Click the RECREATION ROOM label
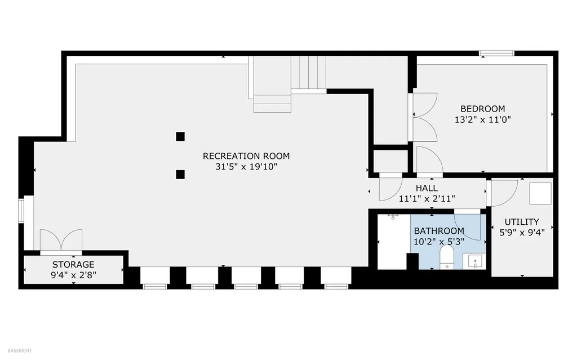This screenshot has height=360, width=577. (x=246, y=156)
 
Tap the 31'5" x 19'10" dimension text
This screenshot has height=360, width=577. (x=246, y=167)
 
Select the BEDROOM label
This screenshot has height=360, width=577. (x=483, y=109)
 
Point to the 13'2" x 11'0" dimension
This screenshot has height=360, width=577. (x=483, y=119)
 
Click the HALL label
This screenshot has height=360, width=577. (x=427, y=188)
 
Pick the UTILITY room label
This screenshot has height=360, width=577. (x=522, y=222)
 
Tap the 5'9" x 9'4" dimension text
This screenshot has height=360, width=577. (x=522, y=233)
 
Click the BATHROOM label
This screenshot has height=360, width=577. (x=439, y=231)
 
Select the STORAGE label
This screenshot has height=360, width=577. (x=73, y=265)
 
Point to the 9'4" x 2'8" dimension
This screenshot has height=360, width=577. (x=73, y=275)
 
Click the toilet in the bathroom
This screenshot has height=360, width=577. (x=447, y=257)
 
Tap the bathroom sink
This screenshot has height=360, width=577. (x=475, y=261)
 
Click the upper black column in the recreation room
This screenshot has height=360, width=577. (x=180, y=136)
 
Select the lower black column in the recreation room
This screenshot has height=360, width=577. (x=180, y=175)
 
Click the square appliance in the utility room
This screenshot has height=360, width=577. (x=540, y=193)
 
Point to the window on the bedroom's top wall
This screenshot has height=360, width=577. (x=496, y=54)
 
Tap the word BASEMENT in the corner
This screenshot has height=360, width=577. (x=20, y=351)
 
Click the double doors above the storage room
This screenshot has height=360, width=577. (x=61, y=240)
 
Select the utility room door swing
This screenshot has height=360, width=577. (x=504, y=193)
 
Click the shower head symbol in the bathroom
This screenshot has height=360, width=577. (x=393, y=216)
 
